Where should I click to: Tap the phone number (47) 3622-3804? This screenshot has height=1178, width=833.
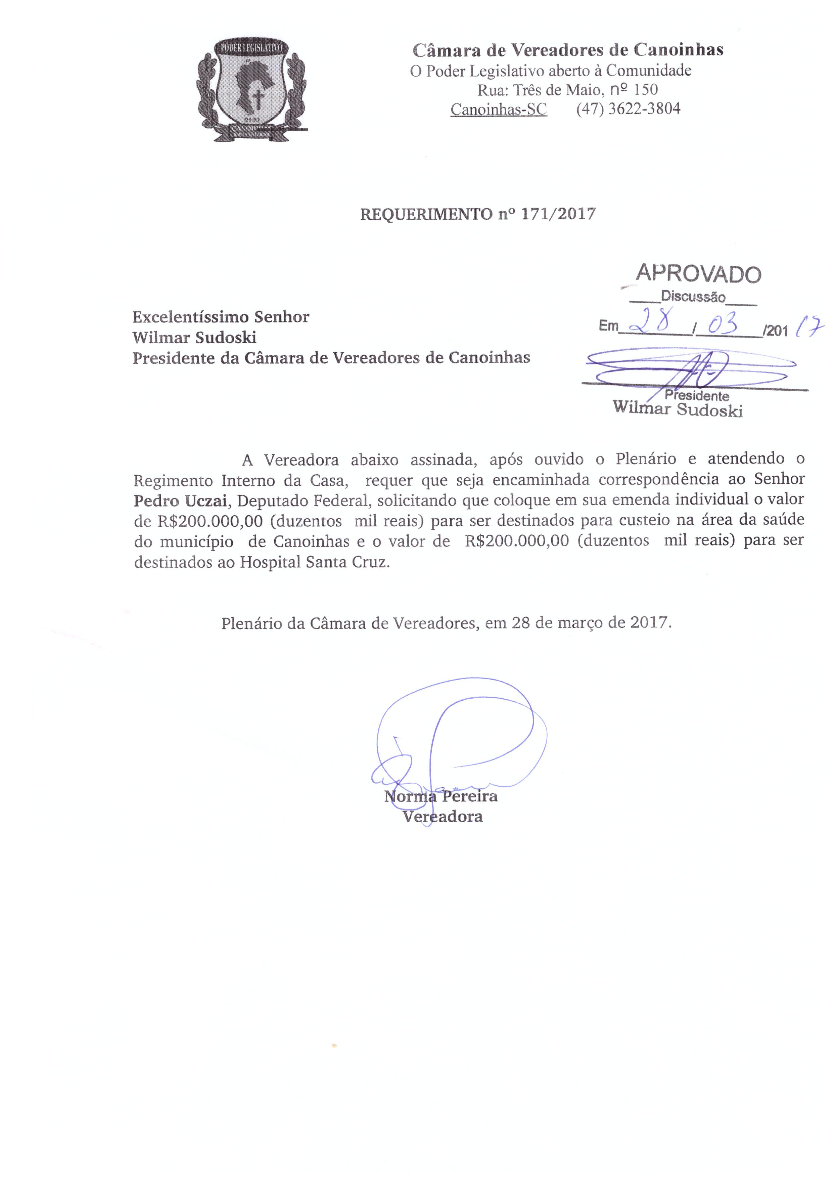pos(628,109)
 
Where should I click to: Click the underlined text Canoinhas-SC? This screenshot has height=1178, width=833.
pos(499,109)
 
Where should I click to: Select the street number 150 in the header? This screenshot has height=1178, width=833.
pos(646,90)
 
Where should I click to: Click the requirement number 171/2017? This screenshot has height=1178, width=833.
pos(559,214)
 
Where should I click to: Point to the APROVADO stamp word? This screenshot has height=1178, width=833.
pos(699,274)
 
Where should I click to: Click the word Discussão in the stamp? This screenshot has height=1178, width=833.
pos(693,297)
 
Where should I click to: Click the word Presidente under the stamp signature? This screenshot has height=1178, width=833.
pos(697,396)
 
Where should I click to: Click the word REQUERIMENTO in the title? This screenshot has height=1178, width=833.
pos(426,214)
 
